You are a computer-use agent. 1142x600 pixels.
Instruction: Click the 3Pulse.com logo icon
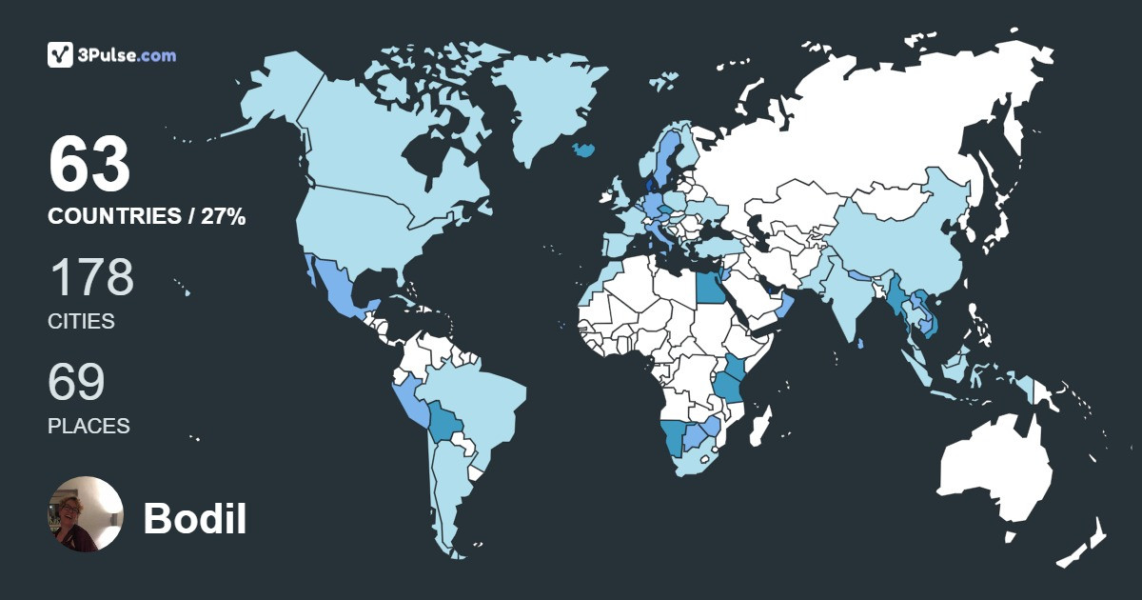(60, 55)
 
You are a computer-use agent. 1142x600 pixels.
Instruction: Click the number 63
(89, 165)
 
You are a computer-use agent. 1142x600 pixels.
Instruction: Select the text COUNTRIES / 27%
(147, 217)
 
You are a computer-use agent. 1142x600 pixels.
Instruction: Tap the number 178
(91, 277)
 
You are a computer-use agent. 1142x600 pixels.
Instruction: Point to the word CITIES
(81, 322)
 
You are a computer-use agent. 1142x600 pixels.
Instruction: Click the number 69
(76, 382)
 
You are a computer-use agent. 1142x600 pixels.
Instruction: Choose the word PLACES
(89, 427)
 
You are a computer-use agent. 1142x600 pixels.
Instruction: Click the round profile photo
(86, 514)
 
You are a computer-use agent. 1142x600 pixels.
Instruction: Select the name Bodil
(195, 519)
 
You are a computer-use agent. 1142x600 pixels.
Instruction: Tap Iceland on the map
(583, 150)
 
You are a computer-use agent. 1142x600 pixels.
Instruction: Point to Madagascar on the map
(759, 425)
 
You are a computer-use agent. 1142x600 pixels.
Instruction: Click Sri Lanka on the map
(860, 344)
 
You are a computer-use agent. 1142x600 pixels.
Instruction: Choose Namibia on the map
(675, 440)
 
